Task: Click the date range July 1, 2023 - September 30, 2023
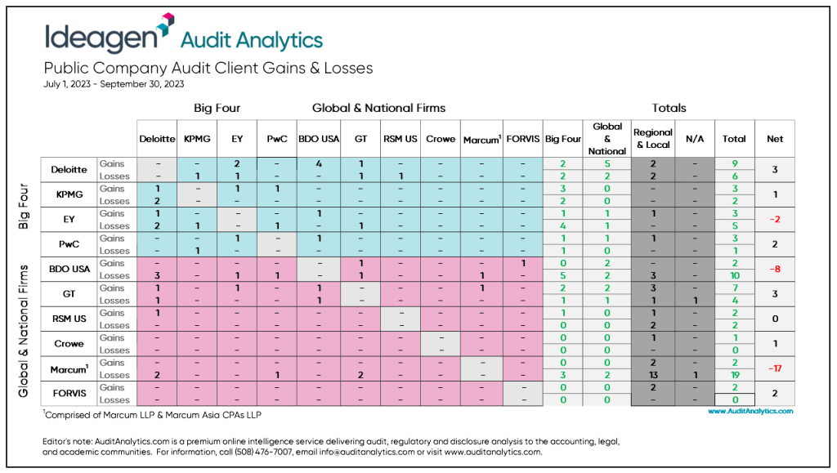[114, 83]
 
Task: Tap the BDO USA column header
[318, 139]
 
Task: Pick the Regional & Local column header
[652, 139]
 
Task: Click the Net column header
[774, 139]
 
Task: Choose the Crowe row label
[69, 344]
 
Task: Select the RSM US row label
[69, 319]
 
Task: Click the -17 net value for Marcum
[774, 368]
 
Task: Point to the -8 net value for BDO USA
[774, 269]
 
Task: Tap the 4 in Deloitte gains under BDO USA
[318, 163]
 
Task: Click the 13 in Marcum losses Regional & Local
[652, 375]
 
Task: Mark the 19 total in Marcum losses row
[734, 375]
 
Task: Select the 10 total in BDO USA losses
[734, 275]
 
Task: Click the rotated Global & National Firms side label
[25, 331]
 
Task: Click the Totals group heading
[669, 108]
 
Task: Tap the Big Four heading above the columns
[217, 108]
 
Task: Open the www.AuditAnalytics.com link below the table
[750, 412]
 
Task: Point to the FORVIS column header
[522, 139]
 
